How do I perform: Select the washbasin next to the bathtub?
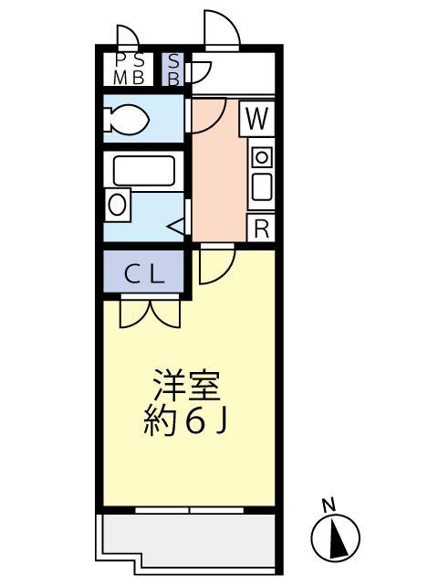117,204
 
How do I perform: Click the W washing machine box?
259,118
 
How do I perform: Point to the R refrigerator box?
261,229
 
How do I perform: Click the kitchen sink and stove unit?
261,175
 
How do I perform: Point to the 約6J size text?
188,421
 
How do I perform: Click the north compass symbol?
336,537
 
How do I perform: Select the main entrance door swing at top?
222,30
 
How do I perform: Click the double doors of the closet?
150,312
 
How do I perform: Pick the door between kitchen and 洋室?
217,263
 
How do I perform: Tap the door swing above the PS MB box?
127,37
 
